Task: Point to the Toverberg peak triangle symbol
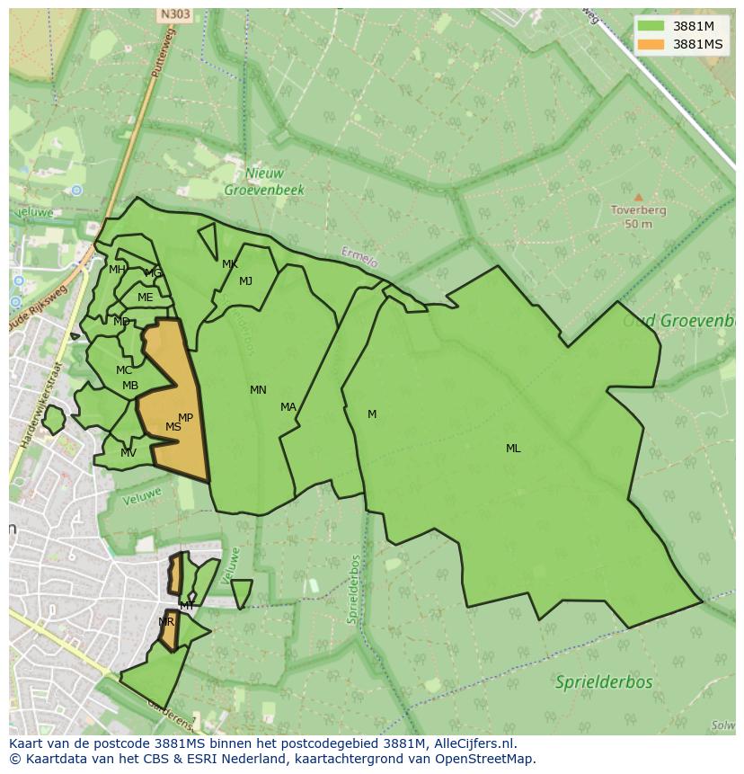pyautogui.click(x=638, y=197)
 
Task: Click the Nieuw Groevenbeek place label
pyautogui.click(x=264, y=182)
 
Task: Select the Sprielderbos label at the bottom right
pyautogui.click(x=603, y=681)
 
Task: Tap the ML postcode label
pyautogui.click(x=513, y=449)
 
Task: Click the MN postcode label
pyautogui.click(x=258, y=390)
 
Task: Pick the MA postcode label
pyautogui.click(x=288, y=407)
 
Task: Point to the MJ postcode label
pyautogui.click(x=245, y=281)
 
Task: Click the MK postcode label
pyautogui.click(x=230, y=264)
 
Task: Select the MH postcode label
pyautogui.click(x=117, y=270)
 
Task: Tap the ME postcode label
pyautogui.click(x=145, y=298)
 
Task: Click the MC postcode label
pyautogui.click(x=124, y=370)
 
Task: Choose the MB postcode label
pyautogui.click(x=130, y=387)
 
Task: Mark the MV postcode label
pyautogui.click(x=128, y=453)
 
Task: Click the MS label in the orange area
pyautogui.click(x=173, y=427)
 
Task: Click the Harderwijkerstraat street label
pyautogui.click(x=40, y=405)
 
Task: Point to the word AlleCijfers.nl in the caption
pyautogui.click(x=471, y=743)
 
